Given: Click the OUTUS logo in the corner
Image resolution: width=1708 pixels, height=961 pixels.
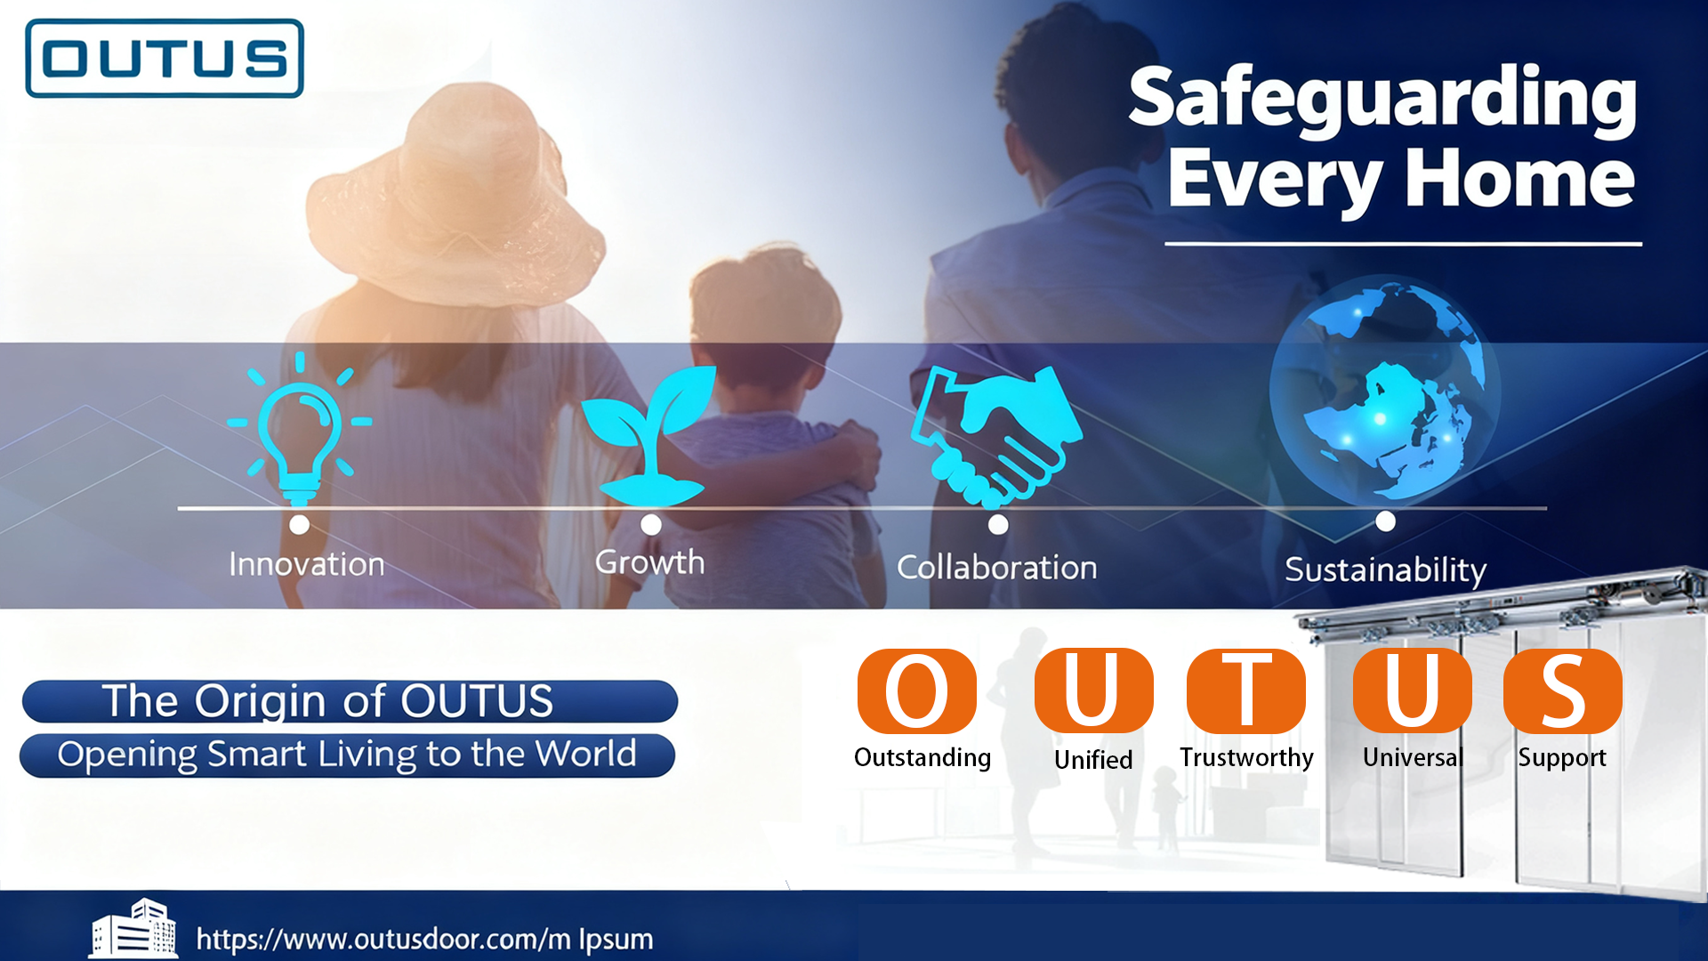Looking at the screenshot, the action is coord(165,58).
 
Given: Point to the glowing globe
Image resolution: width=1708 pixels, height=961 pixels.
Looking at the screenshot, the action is coord(1385,389).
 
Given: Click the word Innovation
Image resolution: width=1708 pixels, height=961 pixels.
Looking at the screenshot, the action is coord(307,564).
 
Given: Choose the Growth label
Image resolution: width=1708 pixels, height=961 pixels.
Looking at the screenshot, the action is coord(649,562).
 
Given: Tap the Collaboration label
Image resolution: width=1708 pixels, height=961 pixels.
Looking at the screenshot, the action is coord(996,568).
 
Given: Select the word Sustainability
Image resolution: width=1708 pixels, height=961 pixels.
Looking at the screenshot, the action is coord(1385,570).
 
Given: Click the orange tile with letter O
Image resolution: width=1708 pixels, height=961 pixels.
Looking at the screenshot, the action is coord(917,691).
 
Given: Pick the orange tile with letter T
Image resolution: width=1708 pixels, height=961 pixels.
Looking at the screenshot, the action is coord(1246,691).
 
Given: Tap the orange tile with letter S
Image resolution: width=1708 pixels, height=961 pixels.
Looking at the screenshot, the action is coord(1563,691).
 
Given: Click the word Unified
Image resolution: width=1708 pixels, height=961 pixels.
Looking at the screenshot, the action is coord(1093,760).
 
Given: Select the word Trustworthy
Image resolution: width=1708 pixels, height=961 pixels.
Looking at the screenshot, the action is coord(1246,757).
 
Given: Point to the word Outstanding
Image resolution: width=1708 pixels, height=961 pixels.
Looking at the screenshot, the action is coord(922,757).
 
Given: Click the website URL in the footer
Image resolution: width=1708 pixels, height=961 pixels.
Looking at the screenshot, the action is coord(424,940).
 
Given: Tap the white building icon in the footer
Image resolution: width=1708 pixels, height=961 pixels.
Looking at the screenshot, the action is coord(133,929).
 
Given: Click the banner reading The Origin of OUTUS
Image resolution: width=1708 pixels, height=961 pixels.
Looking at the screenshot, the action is coord(350,701).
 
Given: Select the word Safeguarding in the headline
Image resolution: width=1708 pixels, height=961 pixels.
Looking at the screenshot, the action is coord(1382,100).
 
